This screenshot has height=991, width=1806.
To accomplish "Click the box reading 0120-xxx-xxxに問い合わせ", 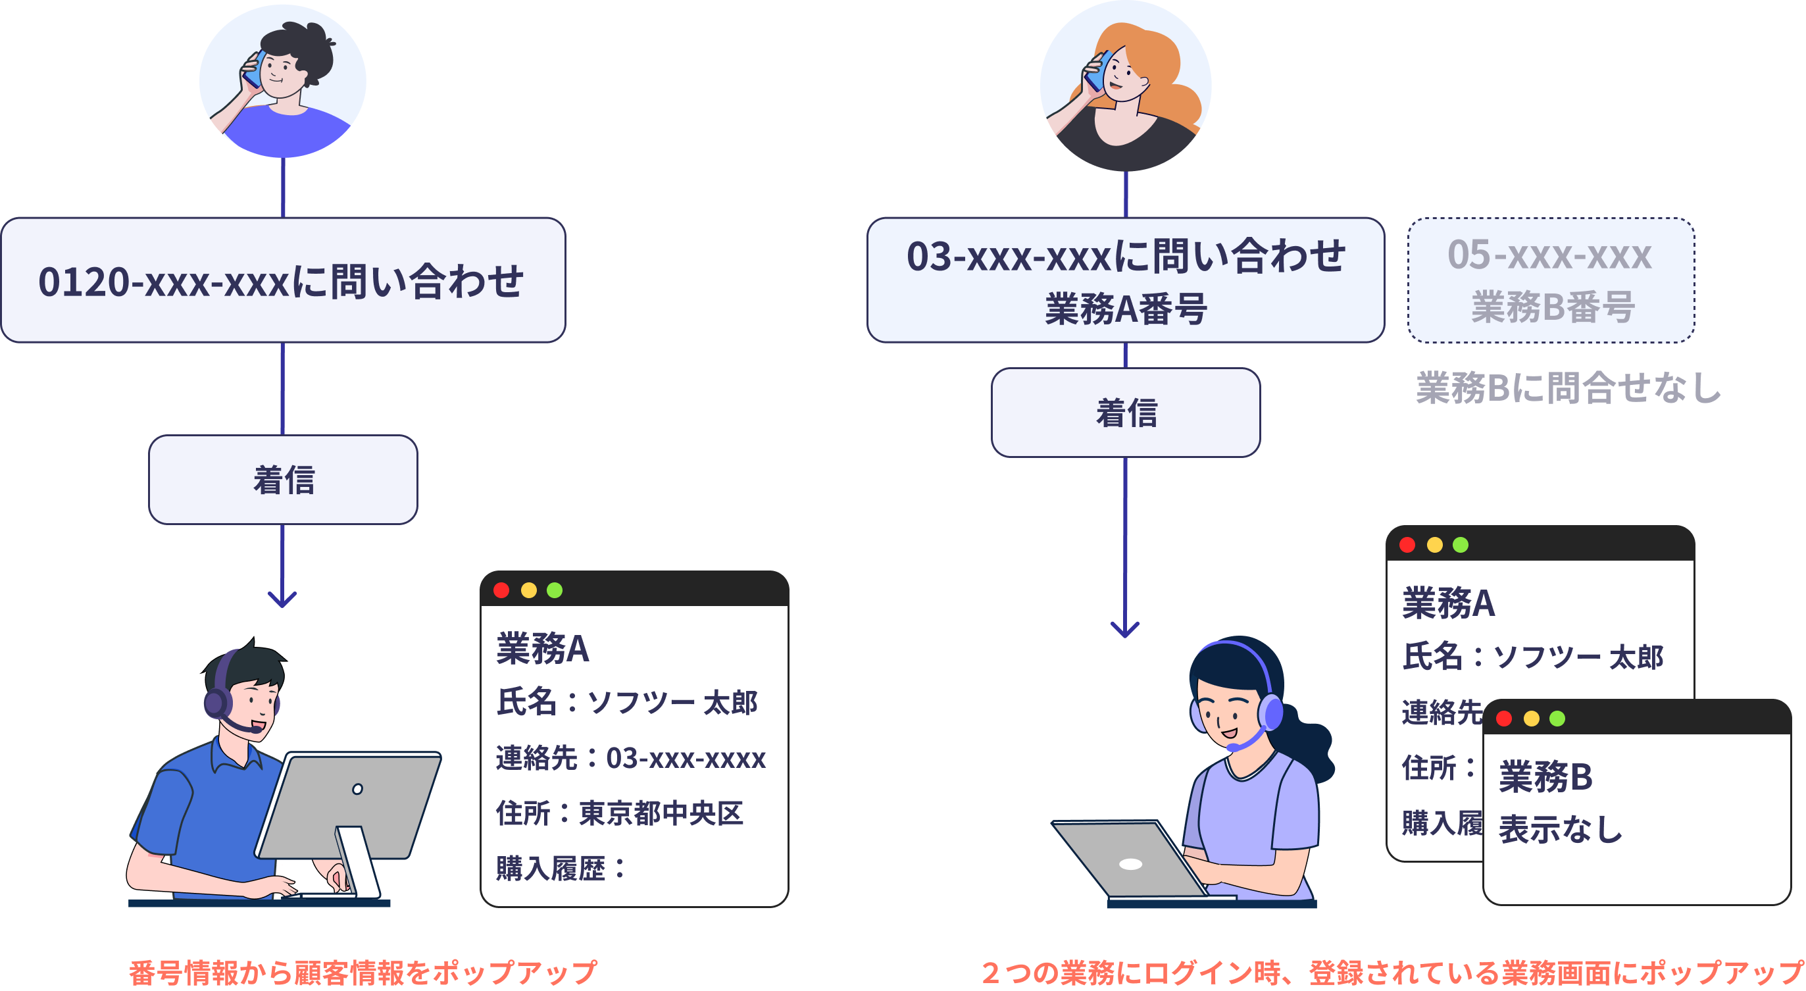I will [x=282, y=280].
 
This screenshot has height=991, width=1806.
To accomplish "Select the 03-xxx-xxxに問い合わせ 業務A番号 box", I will [x=1125, y=280].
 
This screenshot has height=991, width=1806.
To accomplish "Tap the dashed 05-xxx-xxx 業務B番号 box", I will [x=1551, y=280].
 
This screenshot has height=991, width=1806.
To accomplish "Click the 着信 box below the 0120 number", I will [x=282, y=480].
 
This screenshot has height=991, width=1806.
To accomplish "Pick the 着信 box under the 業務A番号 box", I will [x=1125, y=413].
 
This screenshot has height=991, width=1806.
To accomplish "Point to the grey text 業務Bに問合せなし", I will [x=1568, y=388].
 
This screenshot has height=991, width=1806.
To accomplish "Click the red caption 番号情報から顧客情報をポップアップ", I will [x=363, y=972].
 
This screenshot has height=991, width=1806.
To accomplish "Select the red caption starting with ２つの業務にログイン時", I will [x=1392, y=972].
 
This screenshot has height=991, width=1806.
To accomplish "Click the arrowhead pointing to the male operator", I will [x=282, y=599].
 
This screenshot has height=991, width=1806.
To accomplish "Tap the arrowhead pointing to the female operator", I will [x=1125, y=629].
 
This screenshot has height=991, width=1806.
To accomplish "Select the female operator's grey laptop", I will [x=1129, y=861].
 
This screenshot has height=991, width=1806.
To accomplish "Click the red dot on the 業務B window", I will [x=1504, y=718].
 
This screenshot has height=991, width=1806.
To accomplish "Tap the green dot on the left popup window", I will [x=555, y=590].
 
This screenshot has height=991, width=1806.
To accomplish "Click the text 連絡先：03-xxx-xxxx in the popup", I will [x=630, y=758].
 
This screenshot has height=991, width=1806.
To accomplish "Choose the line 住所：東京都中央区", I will [x=619, y=813].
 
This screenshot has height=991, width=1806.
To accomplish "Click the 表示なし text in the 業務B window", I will [x=1561, y=830].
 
